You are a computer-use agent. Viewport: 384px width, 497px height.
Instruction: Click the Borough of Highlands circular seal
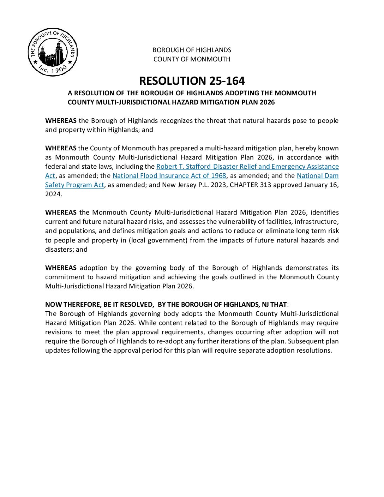click(53, 52)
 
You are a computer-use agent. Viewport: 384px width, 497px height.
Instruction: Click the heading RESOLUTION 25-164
click(192, 81)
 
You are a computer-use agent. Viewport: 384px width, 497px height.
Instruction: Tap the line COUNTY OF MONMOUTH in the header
click(192, 59)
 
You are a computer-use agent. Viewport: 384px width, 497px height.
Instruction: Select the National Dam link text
click(317, 176)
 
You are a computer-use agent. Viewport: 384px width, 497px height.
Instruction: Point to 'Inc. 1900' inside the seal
click(53, 68)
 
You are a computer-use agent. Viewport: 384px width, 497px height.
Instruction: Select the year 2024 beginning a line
click(53, 194)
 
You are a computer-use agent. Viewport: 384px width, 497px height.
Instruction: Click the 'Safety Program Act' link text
click(74, 185)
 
